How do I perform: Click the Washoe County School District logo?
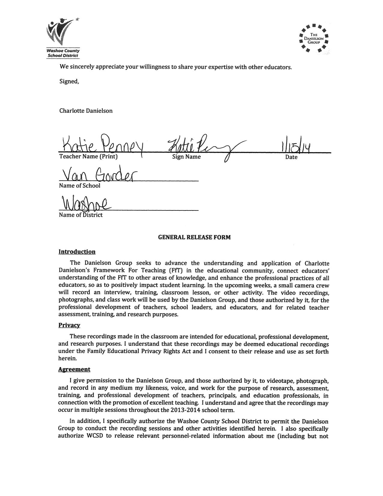coord(63,38)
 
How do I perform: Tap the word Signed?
coord(69,81)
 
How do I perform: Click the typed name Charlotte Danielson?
coord(86,111)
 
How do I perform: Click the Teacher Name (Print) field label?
coord(88,157)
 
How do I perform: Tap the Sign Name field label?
coord(186,157)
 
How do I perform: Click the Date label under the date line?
coord(291,157)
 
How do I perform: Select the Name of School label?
coord(80,186)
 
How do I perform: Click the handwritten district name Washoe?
coord(86,204)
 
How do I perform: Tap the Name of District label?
coord(81,215)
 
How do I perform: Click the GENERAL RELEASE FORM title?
coord(194,237)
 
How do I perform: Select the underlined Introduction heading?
coord(77,252)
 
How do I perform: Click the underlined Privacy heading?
coord(69,325)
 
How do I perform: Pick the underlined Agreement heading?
coord(74,369)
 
